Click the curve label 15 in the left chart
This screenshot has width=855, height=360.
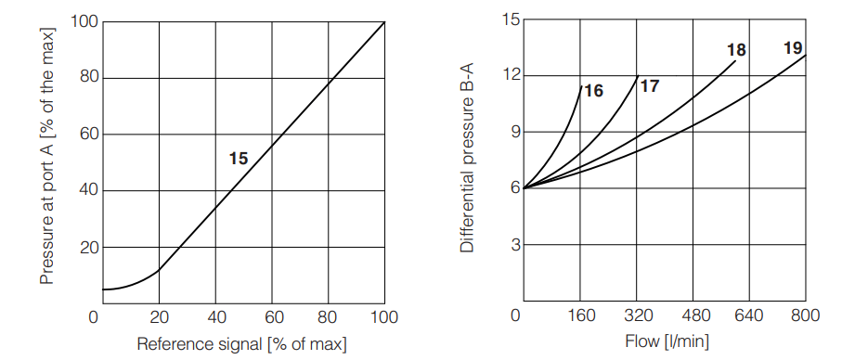click(239, 159)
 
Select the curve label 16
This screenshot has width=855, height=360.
click(594, 91)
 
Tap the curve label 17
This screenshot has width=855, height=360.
click(650, 86)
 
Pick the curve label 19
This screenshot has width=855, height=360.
click(793, 48)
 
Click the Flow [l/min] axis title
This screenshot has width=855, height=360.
click(665, 342)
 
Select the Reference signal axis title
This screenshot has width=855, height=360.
click(241, 344)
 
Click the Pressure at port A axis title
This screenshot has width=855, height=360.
click(47, 155)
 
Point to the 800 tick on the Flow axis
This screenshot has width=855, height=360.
click(805, 316)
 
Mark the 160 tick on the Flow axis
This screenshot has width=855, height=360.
click(581, 316)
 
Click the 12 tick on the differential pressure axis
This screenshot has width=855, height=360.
click(510, 75)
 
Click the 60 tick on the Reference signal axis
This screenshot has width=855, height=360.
click(272, 316)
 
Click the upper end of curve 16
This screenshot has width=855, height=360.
click(581, 86)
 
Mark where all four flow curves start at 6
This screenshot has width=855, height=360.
click(525, 188)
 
